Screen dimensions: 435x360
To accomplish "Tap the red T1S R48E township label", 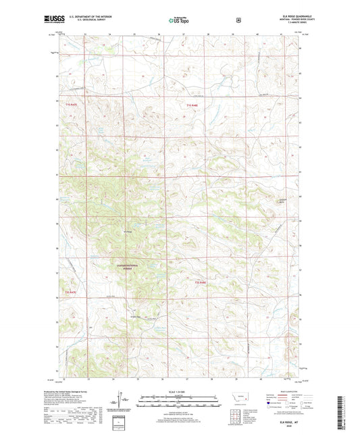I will coord(192,105).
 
